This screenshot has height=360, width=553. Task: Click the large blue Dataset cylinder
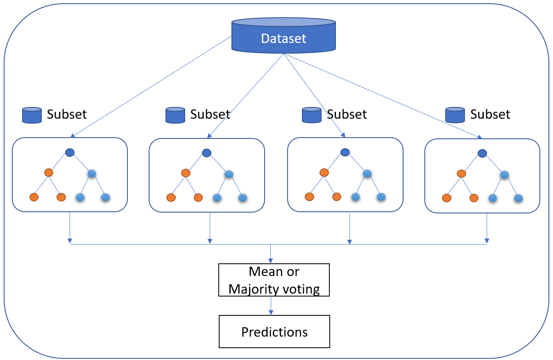(283, 36)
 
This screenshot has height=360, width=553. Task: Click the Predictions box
(274, 331)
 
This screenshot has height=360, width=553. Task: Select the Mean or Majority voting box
(274, 280)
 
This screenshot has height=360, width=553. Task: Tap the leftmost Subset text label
(67, 114)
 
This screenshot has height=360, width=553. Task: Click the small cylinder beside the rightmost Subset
(455, 115)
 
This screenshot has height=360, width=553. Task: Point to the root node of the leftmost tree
(70, 152)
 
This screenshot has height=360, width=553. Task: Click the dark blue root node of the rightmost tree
(482, 153)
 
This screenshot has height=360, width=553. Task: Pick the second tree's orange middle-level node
(186, 173)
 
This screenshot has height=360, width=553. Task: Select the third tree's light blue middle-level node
(367, 173)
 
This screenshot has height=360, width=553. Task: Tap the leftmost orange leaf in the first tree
(34, 197)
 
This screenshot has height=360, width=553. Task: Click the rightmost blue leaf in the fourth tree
(518, 198)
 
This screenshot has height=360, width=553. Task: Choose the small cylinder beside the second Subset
(175, 115)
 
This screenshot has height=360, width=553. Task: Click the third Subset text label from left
(347, 114)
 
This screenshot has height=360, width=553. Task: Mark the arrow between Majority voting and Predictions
(271, 306)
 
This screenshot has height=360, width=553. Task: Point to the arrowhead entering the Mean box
(271, 261)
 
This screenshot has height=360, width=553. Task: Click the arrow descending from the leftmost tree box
(70, 227)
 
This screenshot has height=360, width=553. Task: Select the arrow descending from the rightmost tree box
(487, 227)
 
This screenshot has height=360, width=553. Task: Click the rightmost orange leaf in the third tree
(336, 197)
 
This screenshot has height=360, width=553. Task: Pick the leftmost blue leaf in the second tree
(217, 198)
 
